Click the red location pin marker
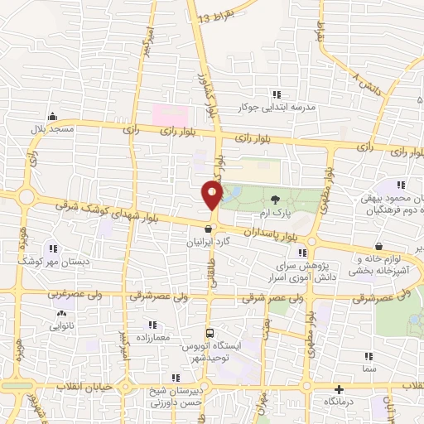212,195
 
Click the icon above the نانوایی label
60,314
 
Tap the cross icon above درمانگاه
338,389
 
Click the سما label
368,366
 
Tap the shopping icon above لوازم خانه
378,246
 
